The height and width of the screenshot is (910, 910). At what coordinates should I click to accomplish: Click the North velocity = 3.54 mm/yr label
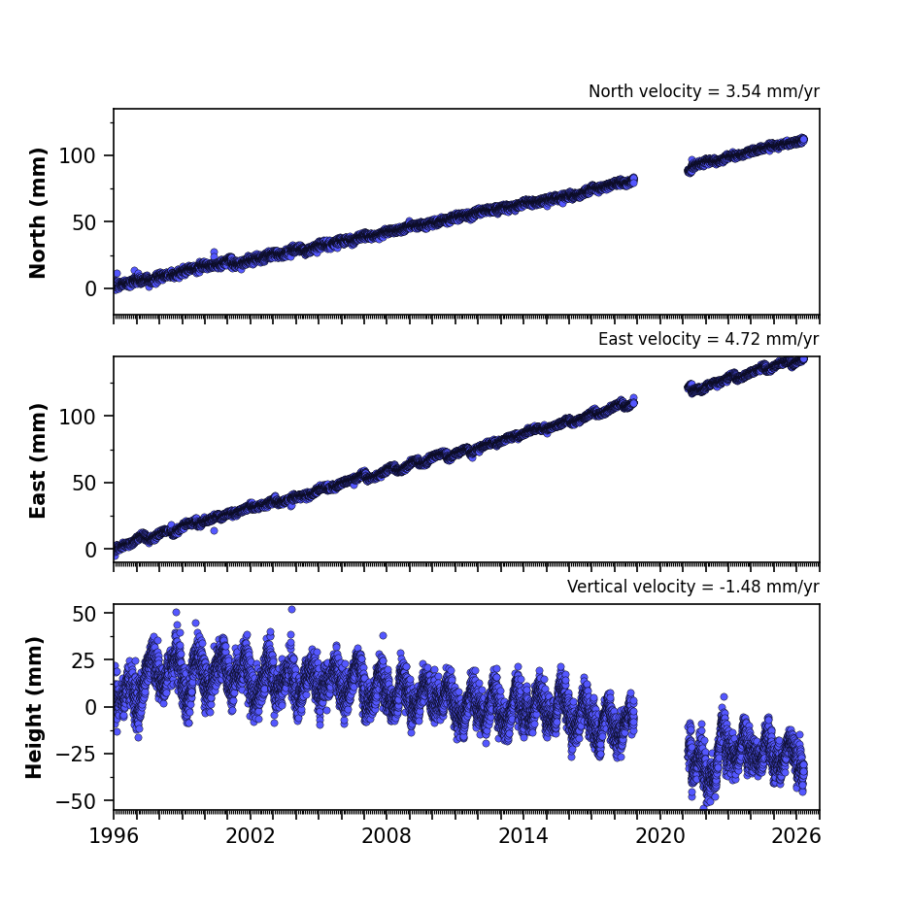pos(704,91)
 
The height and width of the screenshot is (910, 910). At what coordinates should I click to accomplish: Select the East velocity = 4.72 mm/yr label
pos(709,339)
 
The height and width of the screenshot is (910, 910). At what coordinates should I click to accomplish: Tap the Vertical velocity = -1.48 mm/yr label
pos(693,587)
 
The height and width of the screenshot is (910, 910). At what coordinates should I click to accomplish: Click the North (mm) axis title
pos(37,213)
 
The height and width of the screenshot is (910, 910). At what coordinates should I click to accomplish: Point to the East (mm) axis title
pos(37,460)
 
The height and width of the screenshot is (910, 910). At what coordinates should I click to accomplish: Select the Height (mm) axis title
pos(34,707)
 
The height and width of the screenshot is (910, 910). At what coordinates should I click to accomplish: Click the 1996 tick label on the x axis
pos(114,836)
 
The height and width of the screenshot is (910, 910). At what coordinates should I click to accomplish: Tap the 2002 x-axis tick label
pos(251,836)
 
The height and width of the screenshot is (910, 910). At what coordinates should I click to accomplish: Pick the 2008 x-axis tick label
pos(387,836)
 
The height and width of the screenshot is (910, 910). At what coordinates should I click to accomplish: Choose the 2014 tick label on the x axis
pos(522,836)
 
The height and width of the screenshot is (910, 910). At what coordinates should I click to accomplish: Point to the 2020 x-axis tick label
pos(659,836)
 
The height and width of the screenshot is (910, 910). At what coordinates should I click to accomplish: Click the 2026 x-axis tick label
pos(796,836)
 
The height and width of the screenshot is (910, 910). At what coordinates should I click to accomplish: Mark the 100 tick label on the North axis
pos(78,155)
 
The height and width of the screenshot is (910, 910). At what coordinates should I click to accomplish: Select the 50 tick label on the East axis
pos(84,483)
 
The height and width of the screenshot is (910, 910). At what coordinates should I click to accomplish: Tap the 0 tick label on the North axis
pos(90,288)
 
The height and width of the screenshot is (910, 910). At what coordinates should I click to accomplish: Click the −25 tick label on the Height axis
pos(76,754)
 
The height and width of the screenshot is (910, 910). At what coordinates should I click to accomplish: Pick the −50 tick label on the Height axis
pos(76,801)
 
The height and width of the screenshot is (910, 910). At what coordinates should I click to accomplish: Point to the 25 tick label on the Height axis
pos(84,659)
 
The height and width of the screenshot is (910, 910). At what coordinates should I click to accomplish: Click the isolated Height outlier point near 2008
pos(383,635)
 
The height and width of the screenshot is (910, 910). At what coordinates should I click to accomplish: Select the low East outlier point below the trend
pos(215,530)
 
